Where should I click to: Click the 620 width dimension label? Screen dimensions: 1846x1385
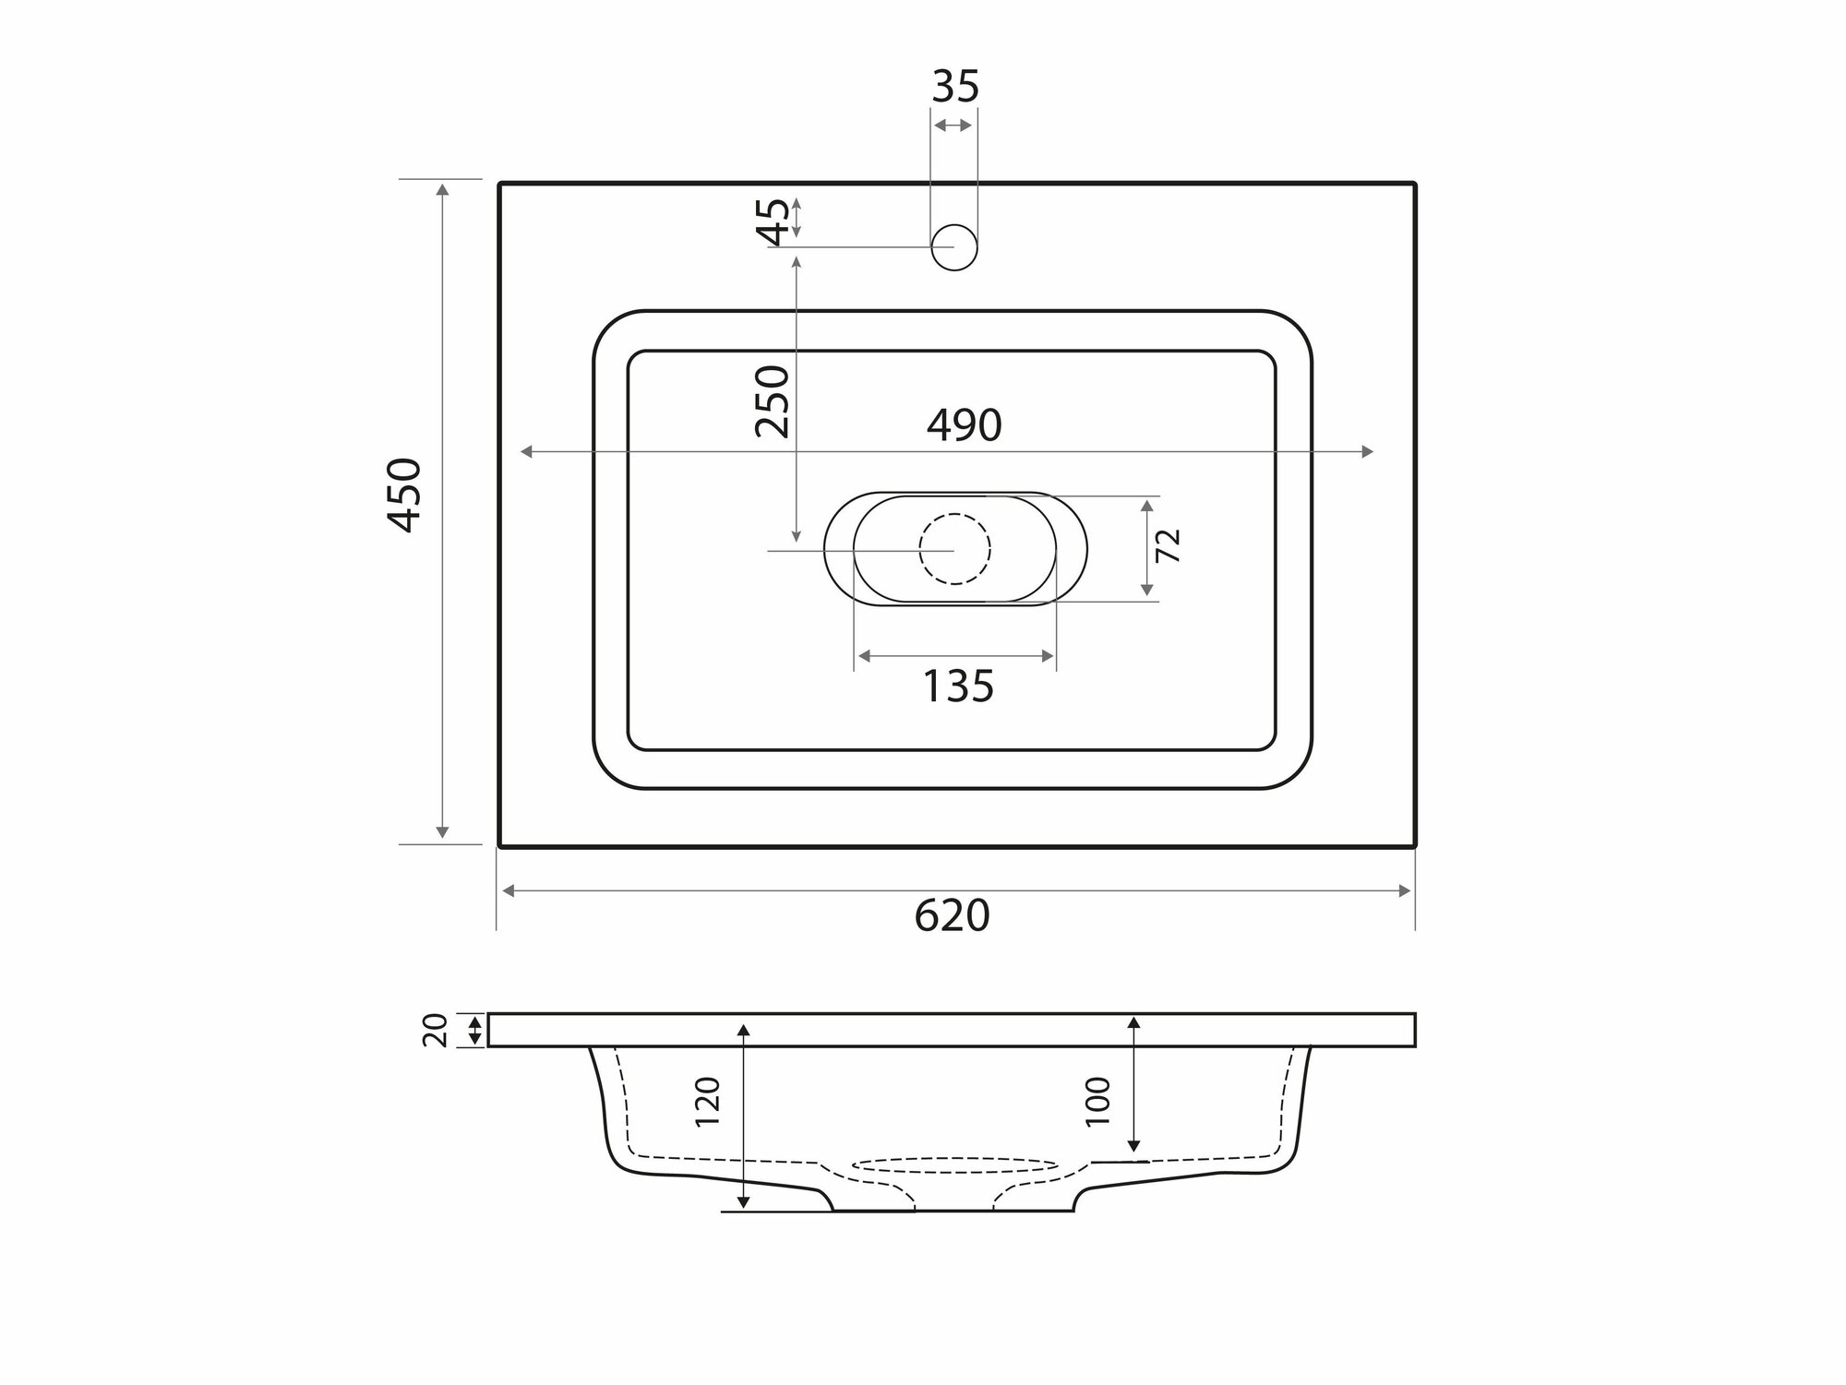[x=952, y=916]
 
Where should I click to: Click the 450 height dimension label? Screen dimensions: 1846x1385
[x=405, y=495]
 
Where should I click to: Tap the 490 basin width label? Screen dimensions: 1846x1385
[x=964, y=425]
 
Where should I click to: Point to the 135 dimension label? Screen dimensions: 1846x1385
[x=959, y=687]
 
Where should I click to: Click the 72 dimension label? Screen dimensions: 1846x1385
[x=1169, y=546]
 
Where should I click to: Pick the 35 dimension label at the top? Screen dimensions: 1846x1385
[x=954, y=87]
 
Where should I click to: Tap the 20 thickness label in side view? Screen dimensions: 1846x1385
[x=436, y=1030]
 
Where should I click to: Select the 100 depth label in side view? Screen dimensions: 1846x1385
[x=1098, y=1101]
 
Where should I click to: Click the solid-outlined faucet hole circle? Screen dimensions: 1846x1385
[x=954, y=247]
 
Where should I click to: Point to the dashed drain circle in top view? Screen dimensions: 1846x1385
[x=954, y=549]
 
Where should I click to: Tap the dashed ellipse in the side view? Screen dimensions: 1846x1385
[x=954, y=1167]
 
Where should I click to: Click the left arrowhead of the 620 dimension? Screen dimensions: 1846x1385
[x=507, y=890]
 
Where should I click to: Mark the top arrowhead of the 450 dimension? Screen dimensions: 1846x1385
[x=443, y=188]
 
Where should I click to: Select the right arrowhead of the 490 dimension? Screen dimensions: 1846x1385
[x=1369, y=451]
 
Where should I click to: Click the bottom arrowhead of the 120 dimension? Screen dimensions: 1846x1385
[x=744, y=1202]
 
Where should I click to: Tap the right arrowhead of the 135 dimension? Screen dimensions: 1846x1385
[x=1049, y=656]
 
